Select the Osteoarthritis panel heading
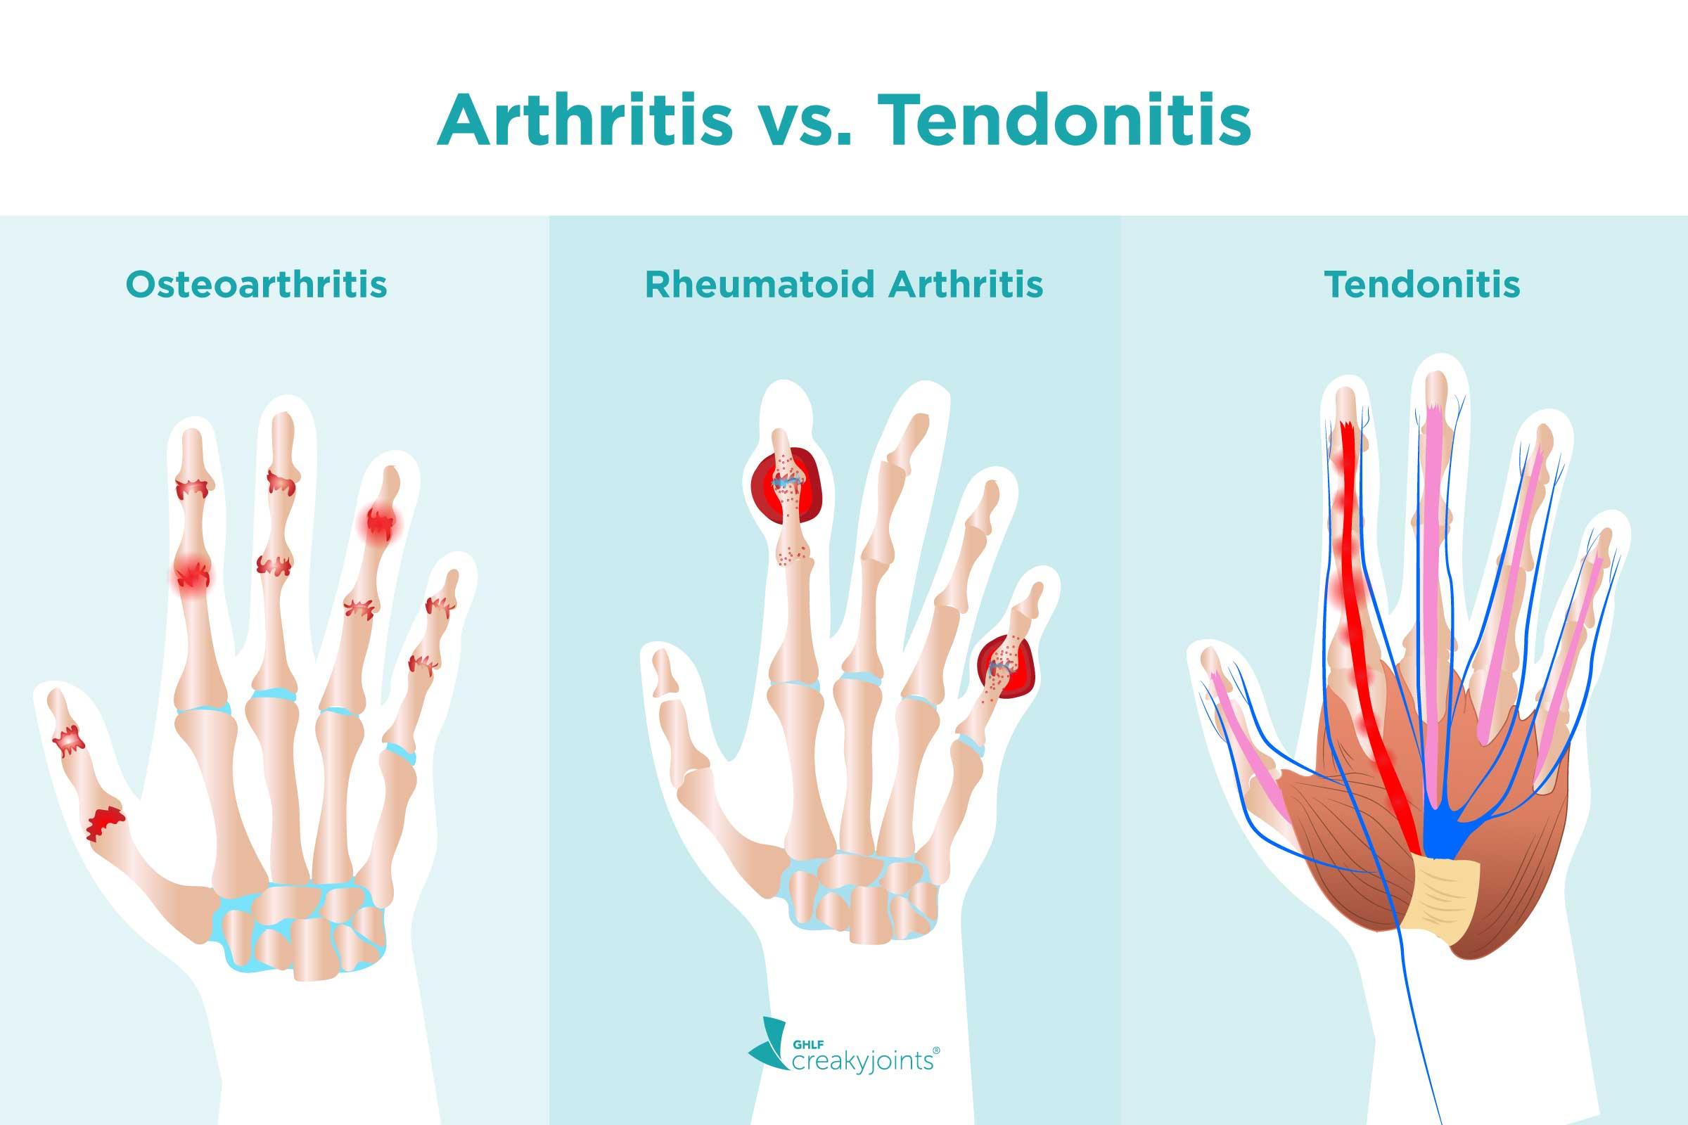256,285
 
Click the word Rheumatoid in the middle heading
759,285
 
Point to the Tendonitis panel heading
1421,285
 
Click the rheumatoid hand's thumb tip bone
663,670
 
